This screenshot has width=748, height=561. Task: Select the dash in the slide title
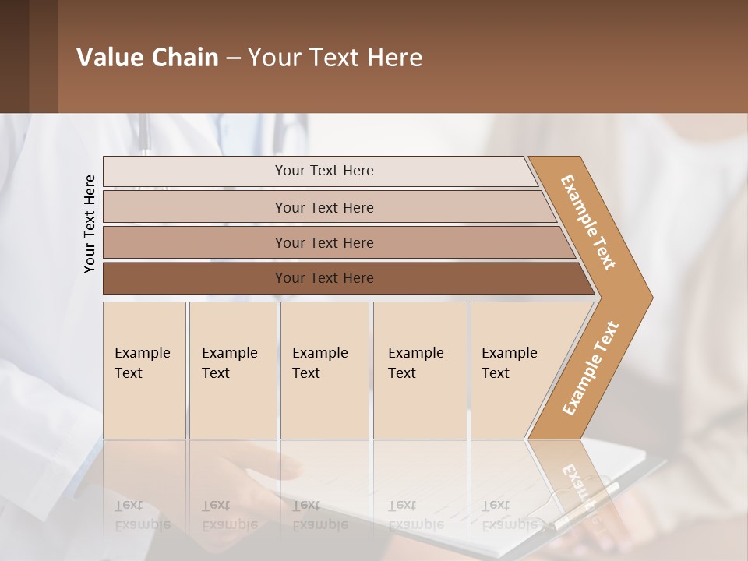point(233,58)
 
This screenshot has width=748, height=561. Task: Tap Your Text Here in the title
point(335,58)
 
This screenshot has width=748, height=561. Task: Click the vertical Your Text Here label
point(90,224)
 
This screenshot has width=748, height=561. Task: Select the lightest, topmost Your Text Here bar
point(323,171)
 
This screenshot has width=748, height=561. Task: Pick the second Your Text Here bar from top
point(323,207)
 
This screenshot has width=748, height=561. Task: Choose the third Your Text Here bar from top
point(323,242)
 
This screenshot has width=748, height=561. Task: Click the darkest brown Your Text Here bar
point(323,278)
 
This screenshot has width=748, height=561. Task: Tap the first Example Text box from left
point(144,370)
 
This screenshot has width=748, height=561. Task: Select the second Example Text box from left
point(232,370)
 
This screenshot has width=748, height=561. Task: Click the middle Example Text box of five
point(324,370)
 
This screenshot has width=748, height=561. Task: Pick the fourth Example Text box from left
point(420,370)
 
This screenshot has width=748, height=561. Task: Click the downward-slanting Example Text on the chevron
point(588,222)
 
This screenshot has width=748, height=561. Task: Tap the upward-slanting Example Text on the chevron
point(591,368)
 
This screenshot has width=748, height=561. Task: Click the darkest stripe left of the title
point(14,57)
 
